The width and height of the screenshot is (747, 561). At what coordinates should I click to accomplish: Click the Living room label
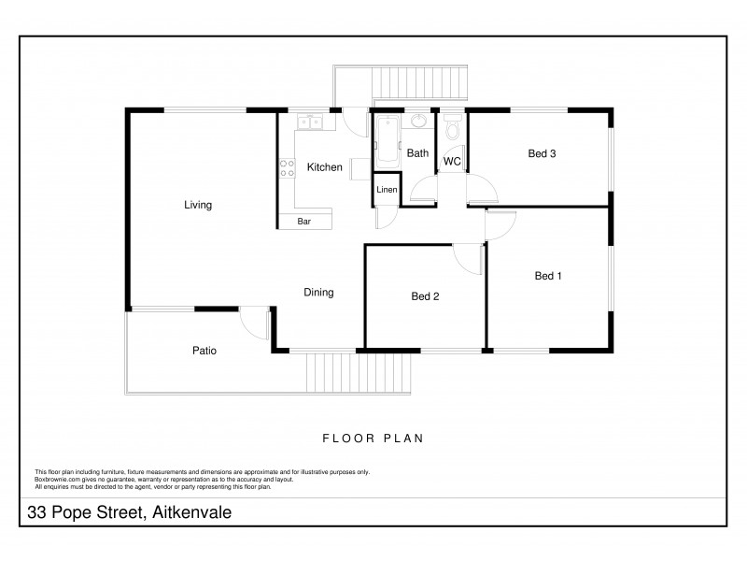198,205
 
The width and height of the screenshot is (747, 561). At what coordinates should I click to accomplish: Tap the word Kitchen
324,167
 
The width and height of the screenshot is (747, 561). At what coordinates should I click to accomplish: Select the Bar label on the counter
304,222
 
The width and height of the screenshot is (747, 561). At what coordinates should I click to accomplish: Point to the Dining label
318,293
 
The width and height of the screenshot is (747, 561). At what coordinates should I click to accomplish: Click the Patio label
204,351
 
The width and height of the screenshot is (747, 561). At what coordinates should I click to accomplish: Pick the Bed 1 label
548,276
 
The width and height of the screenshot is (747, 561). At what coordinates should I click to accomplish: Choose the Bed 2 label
425,296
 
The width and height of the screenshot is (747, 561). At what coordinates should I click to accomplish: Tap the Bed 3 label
543,154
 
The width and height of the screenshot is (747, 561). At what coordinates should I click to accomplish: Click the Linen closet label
387,190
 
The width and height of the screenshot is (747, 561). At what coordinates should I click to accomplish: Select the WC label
452,162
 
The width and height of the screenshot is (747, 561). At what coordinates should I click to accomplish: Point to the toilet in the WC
453,127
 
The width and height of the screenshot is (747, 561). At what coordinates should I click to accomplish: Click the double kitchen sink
309,122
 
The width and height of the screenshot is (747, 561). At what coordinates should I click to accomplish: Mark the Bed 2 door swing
467,258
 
